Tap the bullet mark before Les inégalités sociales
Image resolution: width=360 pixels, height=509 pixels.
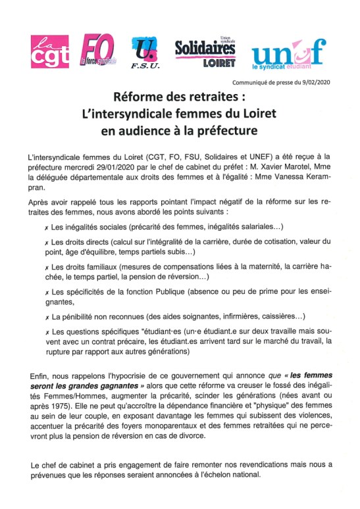click(45, 228)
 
